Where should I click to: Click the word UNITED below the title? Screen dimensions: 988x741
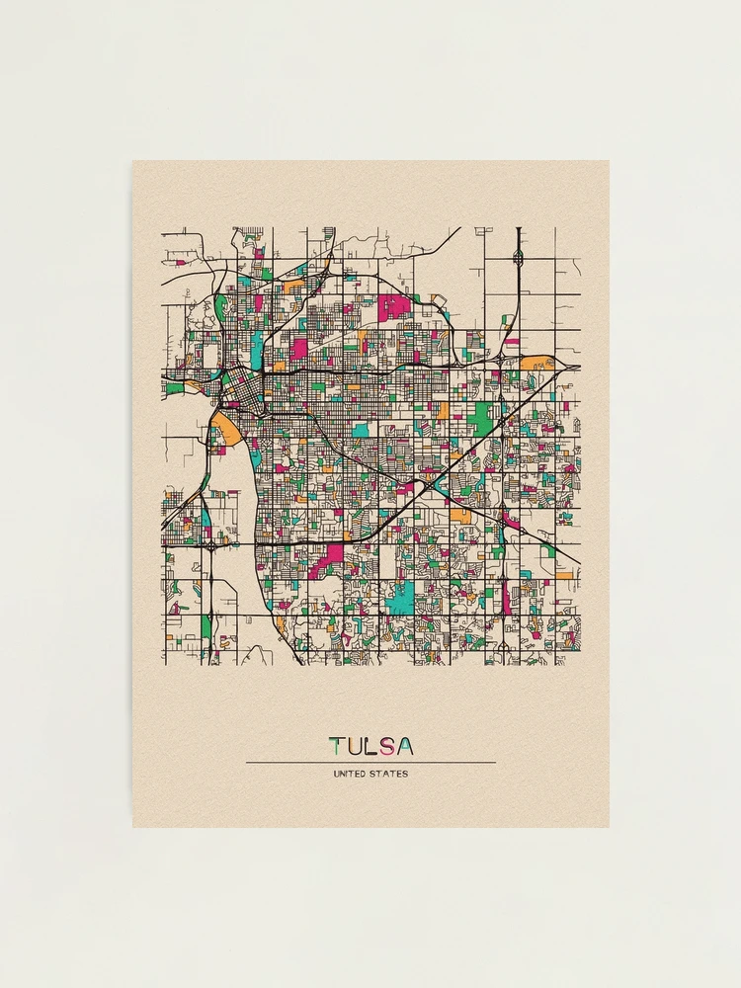click(352, 774)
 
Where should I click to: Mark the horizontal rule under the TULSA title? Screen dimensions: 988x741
click(370, 762)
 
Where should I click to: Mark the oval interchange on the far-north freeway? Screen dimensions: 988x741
click(519, 259)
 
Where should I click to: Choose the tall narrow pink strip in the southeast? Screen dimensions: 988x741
click(508, 597)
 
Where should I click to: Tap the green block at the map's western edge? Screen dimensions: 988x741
click(174, 388)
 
